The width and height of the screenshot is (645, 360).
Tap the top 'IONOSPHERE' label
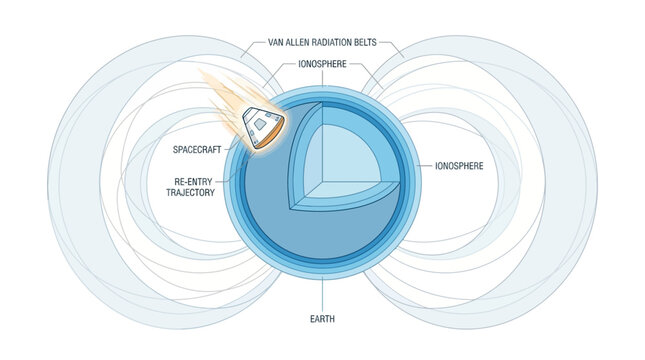pos(322,64)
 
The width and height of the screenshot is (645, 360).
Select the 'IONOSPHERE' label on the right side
pos(459,165)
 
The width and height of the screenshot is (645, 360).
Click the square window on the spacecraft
pos(261,125)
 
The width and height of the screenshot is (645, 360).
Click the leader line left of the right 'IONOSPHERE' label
pos(418,165)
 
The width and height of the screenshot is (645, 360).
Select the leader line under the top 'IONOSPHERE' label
pos(322,78)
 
